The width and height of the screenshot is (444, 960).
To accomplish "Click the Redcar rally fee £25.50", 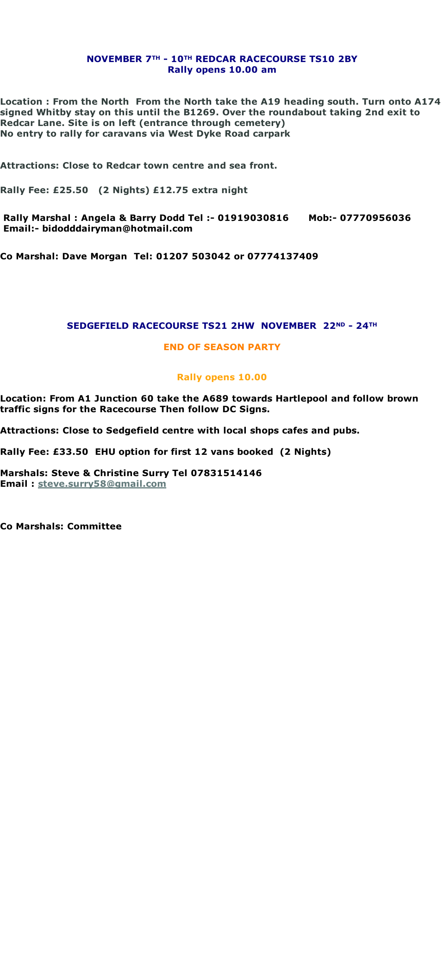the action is [x=70, y=190].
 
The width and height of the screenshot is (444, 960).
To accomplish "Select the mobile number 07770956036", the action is [x=375, y=218].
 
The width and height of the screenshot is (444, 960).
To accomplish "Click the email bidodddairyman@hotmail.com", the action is [x=117, y=228].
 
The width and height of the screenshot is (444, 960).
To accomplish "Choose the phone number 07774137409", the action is [x=283, y=256].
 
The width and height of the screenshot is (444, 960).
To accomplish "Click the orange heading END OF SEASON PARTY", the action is [x=222, y=347].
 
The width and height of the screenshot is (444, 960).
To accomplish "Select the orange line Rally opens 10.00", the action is [x=222, y=377].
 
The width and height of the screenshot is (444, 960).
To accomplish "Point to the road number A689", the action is [x=215, y=398].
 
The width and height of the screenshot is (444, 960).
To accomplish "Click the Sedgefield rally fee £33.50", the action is [x=70, y=452].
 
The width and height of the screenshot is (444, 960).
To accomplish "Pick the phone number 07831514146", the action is [x=226, y=473].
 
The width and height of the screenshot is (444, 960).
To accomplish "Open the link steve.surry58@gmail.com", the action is [x=102, y=483].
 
